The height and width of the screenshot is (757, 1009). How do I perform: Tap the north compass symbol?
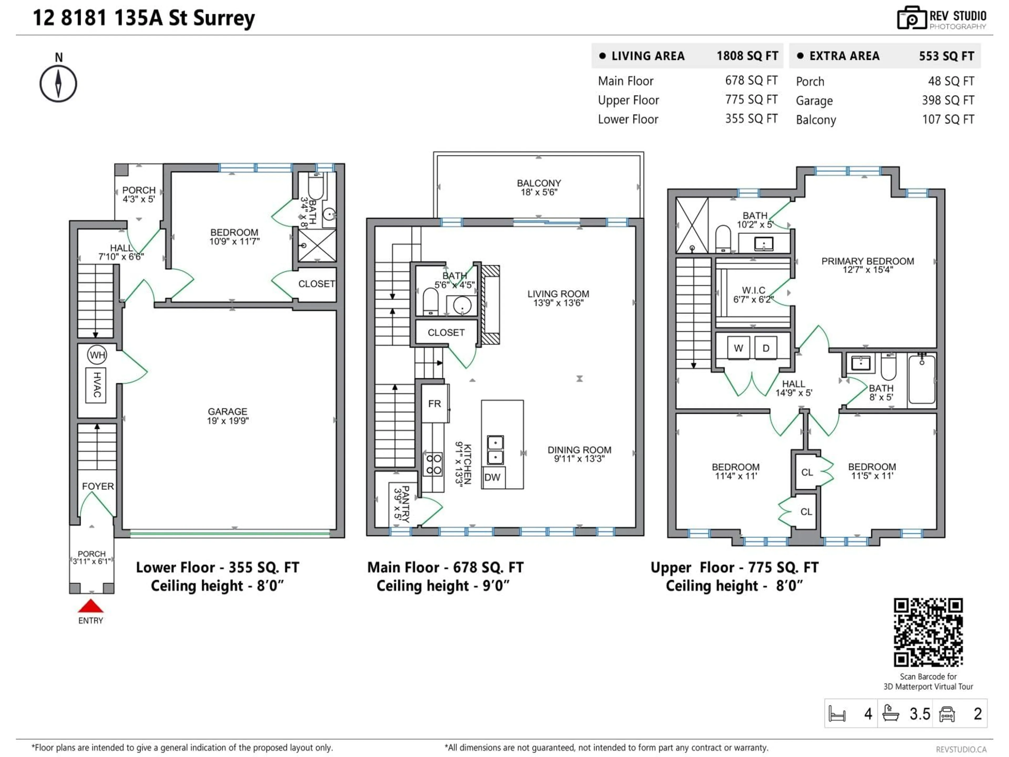coord(58,84)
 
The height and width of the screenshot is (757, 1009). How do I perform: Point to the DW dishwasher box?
coord(493,477)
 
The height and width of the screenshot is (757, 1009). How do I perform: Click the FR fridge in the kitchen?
coord(434,403)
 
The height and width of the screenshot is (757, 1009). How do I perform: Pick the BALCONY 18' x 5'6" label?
coord(539,187)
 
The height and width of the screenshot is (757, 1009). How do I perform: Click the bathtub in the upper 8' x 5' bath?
coord(922,380)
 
